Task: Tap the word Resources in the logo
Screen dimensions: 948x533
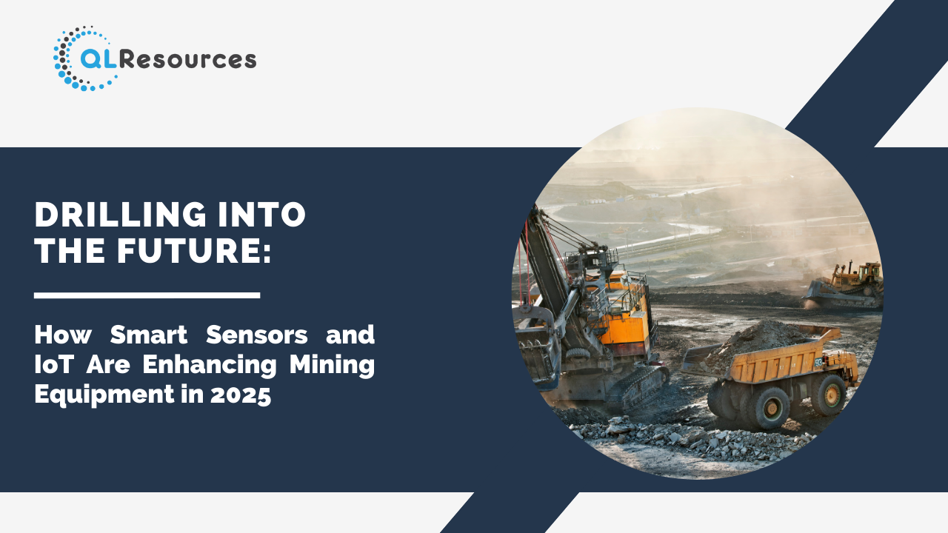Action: (187, 60)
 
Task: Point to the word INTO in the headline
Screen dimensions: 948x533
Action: (261, 215)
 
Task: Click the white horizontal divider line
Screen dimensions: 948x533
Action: (147, 295)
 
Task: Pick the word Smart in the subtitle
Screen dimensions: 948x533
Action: (149, 335)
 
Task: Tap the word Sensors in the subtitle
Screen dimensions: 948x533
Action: (257, 335)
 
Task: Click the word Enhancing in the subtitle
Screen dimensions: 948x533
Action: (210, 365)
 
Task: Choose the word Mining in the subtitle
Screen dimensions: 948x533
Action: (333, 365)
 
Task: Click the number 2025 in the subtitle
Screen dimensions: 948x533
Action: (241, 395)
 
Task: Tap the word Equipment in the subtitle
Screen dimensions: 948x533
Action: (104, 395)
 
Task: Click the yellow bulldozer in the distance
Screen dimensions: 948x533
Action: (844, 285)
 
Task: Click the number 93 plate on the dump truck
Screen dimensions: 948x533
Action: (818, 363)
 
